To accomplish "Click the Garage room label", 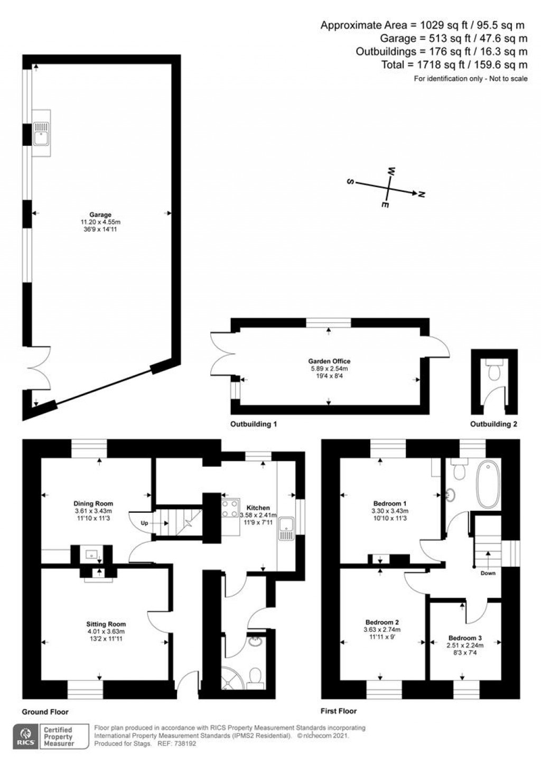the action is pos(100,215).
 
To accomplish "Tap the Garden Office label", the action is pos(329,361).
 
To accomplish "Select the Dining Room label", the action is pos(93,503).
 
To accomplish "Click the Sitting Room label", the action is pos(106,624).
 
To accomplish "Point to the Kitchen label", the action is pos(258,508).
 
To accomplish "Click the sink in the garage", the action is pos(42,133).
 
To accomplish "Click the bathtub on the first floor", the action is pos(488,485).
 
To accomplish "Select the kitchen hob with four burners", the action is pos(230,508).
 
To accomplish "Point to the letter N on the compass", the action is pos(422,195).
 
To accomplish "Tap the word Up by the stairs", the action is pos(144,523).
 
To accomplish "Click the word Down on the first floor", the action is pos(488,573).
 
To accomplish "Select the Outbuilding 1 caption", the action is pos(254,424).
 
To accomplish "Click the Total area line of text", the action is pos(454,64).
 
